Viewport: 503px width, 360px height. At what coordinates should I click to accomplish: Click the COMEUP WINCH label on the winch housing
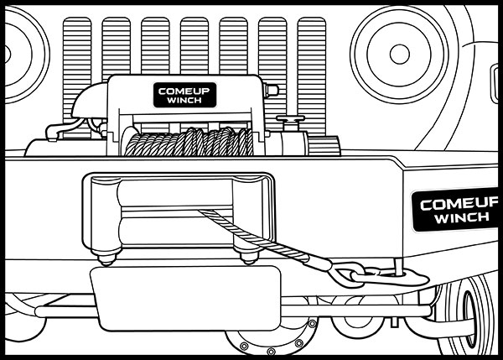pyautogui.click(x=185, y=95)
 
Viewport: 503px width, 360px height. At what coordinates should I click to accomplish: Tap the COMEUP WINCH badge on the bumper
pyautogui.click(x=457, y=211)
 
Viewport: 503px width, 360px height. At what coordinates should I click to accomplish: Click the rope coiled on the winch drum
pyautogui.click(x=189, y=143)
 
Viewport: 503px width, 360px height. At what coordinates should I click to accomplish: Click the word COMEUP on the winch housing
pyautogui.click(x=185, y=90)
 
